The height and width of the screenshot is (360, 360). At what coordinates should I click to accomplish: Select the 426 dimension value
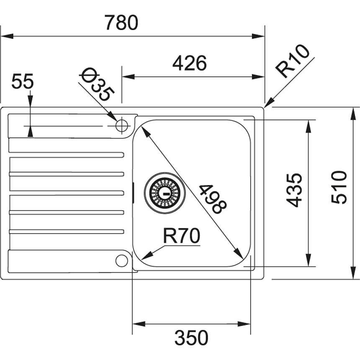pyautogui.click(x=190, y=64)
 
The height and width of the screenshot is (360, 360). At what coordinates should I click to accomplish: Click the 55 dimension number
pyautogui.click(x=22, y=82)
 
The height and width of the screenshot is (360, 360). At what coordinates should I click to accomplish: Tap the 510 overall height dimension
pyautogui.click(x=339, y=187)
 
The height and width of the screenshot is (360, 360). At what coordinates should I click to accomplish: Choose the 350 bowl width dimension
pyautogui.click(x=191, y=338)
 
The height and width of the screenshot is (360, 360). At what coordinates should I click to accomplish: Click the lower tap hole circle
pyautogui.click(x=121, y=260)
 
